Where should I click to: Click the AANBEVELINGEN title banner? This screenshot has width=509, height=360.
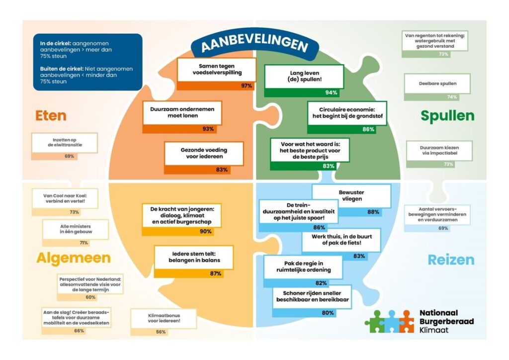255,44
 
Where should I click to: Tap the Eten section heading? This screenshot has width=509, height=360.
51,115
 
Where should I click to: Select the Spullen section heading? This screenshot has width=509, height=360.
447,116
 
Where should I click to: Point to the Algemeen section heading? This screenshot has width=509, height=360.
74,259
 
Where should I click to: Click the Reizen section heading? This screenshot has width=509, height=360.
451,260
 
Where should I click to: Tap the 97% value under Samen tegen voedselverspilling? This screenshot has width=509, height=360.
247,86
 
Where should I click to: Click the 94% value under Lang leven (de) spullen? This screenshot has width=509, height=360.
331,92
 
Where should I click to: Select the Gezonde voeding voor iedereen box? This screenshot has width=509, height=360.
204,153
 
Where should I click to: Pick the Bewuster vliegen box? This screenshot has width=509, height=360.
351,196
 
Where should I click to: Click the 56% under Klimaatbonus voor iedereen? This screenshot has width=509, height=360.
161,332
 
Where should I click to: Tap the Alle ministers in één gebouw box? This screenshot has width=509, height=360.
76,229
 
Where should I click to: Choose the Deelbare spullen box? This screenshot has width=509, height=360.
437,84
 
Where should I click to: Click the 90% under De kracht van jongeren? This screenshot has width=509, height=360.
205,231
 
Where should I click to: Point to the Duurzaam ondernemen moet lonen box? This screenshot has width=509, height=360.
182,112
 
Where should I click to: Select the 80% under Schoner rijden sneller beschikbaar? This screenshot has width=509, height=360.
328,313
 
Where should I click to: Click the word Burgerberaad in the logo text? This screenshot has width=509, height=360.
446,321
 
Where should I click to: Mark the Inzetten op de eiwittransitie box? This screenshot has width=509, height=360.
65,143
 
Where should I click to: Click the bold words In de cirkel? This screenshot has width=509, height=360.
56,43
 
